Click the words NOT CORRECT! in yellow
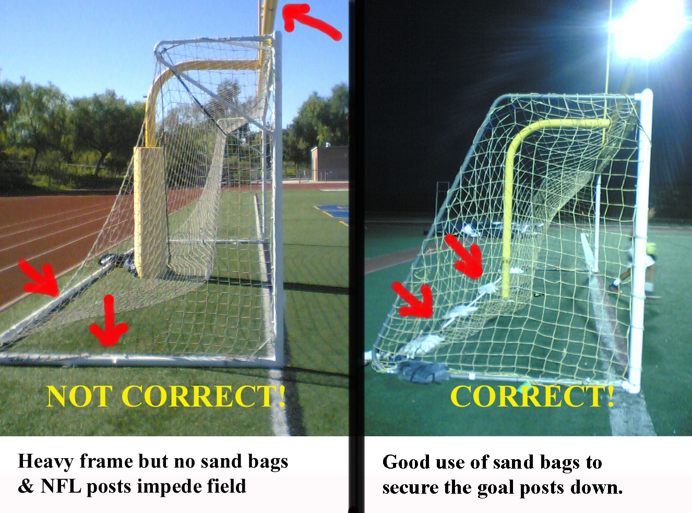click(x=165, y=396)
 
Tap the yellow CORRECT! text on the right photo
click(x=532, y=396)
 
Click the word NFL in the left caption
click(x=61, y=486)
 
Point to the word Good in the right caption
click(x=404, y=462)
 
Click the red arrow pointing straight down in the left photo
click(x=109, y=321)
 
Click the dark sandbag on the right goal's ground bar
click(x=422, y=372)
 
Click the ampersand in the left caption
click(x=25, y=486)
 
